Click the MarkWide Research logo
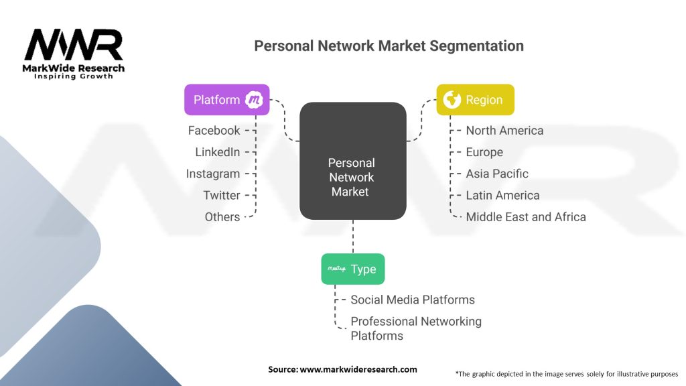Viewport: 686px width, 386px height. coord(74,54)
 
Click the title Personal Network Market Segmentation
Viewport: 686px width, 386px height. coord(389,46)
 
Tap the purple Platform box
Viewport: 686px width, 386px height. coord(226,100)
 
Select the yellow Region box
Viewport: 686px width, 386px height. coord(476,100)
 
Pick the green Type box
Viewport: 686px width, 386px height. coord(353,269)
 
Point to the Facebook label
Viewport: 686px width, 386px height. coord(214,130)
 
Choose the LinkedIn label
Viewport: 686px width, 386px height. coord(217,152)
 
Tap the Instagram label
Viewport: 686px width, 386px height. coord(212,174)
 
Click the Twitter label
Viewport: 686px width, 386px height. coord(221,195)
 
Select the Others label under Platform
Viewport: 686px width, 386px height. coord(222,216)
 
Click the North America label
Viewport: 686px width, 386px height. coord(504,130)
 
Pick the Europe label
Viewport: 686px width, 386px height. coord(484,152)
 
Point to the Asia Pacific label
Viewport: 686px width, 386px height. coord(497,174)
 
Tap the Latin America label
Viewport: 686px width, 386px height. coord(502,195)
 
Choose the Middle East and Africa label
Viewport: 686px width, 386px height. coord(526,216)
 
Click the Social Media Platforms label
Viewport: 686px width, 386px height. coord(413,300)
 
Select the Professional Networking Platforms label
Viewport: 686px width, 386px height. coord(415,328)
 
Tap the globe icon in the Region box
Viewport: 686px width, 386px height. coord(452,100)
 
